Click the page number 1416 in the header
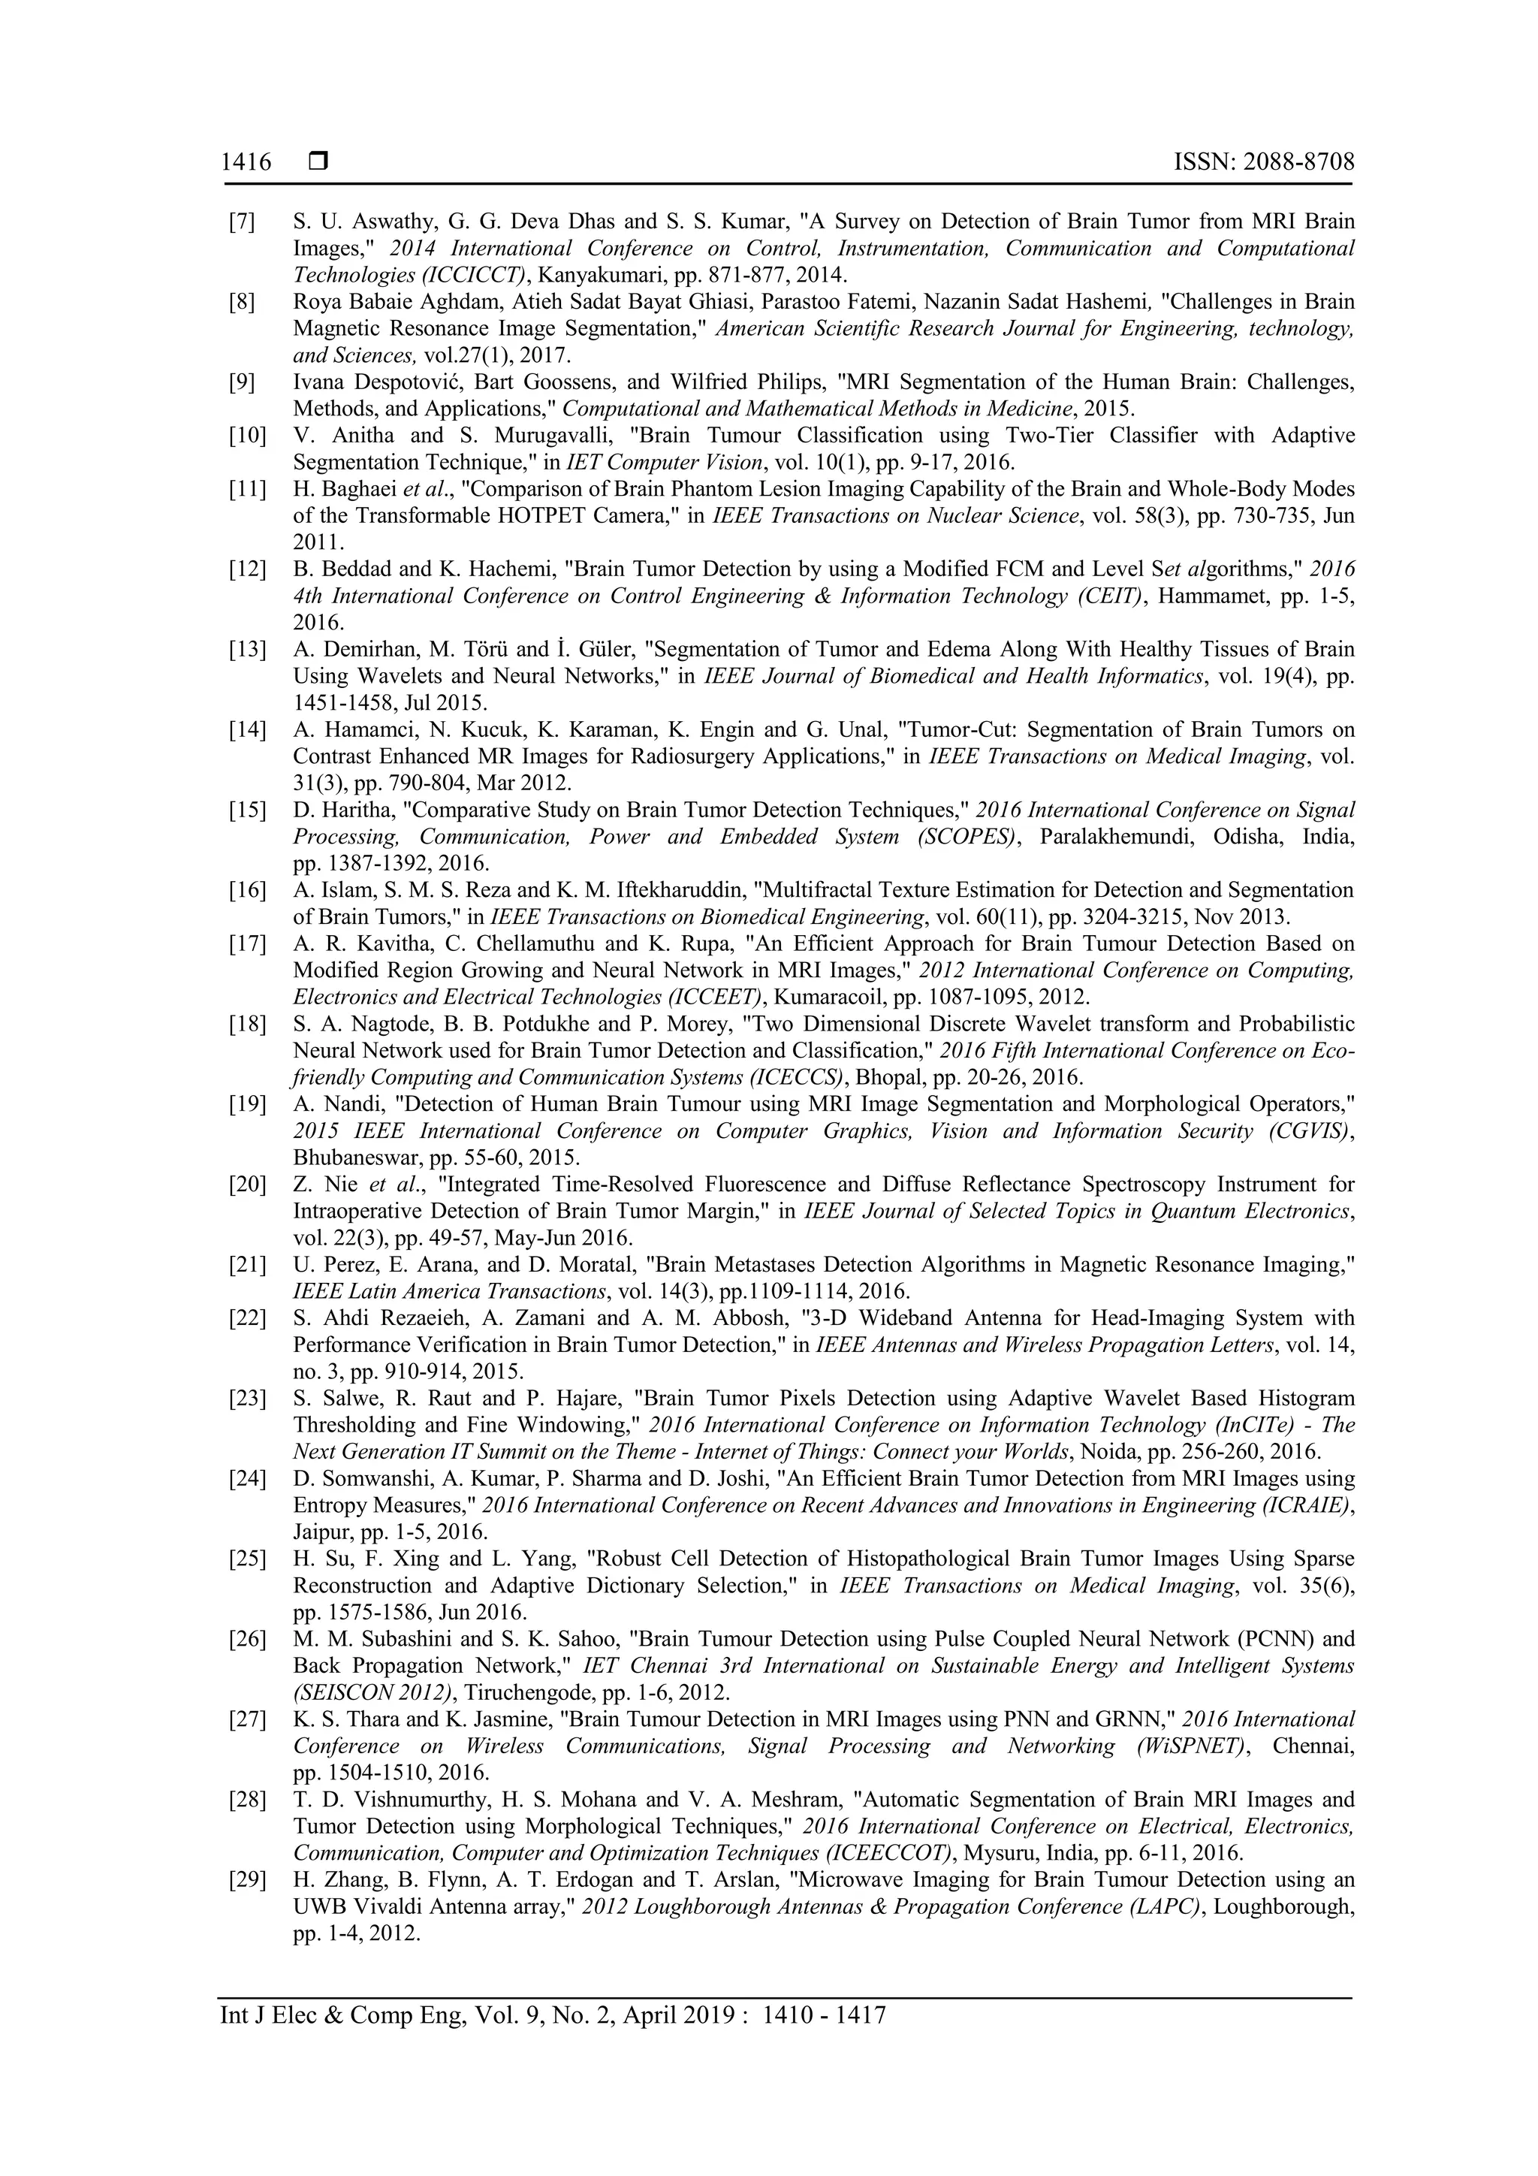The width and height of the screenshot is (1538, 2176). pyautogui.click(x=246, y=162)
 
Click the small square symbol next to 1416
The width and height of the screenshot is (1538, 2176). pyautogui.click(x=318, y=162)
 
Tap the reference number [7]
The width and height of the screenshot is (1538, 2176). pyautogui.click(x=242, y=222)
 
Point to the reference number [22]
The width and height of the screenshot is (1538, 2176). pyautogui.click(x=246, y=1318)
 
